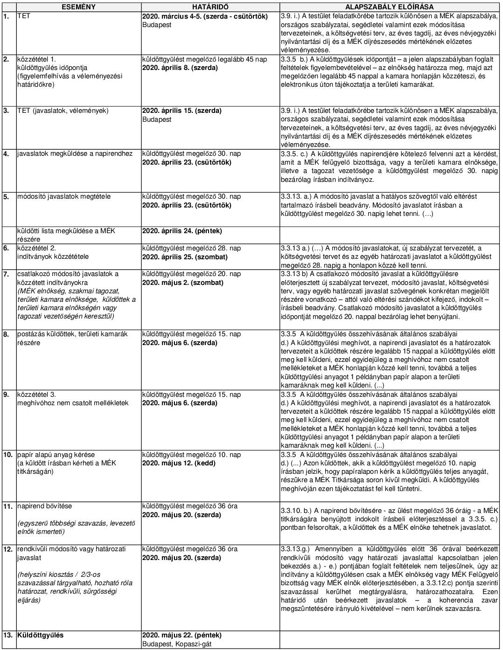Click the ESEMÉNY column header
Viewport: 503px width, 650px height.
[x=79, y=7]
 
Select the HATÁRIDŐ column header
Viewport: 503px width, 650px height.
[x=210, y=7]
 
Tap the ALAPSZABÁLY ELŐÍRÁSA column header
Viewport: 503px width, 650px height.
[x=389, y=7]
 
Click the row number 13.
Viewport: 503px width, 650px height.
[x=7, y=635]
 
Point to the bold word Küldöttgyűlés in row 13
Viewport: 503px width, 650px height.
[x=41, y=635]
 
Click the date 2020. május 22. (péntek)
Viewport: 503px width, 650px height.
[x=182, y=635]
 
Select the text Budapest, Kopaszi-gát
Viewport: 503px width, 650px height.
[x=177, y=643]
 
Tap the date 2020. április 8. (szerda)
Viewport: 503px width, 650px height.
[x=180, y=68]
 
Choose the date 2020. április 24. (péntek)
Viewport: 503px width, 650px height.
[x=182, y=231]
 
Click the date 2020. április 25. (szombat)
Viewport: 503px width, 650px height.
[x=185, y=257]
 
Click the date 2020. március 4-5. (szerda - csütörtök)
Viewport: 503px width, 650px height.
[x=205, y=16]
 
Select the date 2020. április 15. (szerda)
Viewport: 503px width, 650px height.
[x=182, y=111]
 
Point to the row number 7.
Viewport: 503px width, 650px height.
[x=6, y=274]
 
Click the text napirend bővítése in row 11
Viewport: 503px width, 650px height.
[x=45, y=506]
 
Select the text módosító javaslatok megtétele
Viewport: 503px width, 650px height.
[x=64, y=196]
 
